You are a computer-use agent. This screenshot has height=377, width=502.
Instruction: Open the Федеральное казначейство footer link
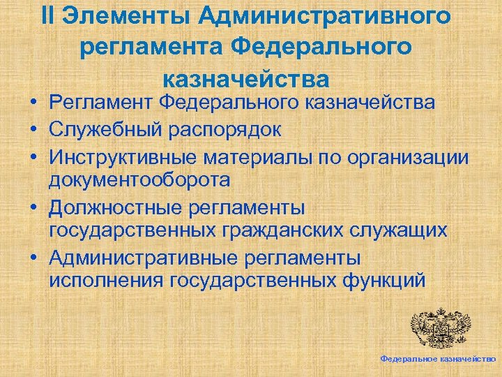[x=438, y=358]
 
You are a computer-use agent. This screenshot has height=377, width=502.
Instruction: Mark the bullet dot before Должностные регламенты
[x=33, y=207]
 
